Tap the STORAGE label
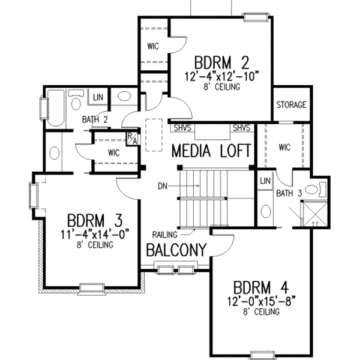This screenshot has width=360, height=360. [291, 105]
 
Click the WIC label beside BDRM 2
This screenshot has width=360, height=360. [152, 46]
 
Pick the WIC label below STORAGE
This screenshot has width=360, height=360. [283, 147]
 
